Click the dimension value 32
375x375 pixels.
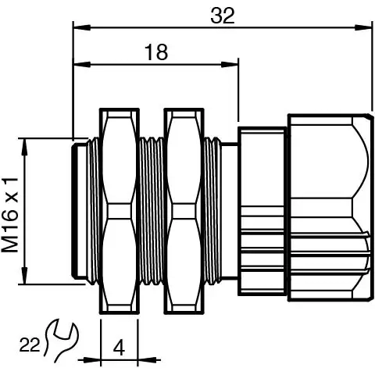point(223,16)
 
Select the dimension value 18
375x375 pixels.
point(156,52)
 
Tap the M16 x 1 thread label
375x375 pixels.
point(10,212)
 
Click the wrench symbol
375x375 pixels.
point(63,341)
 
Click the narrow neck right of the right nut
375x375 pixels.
point(227,211)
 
